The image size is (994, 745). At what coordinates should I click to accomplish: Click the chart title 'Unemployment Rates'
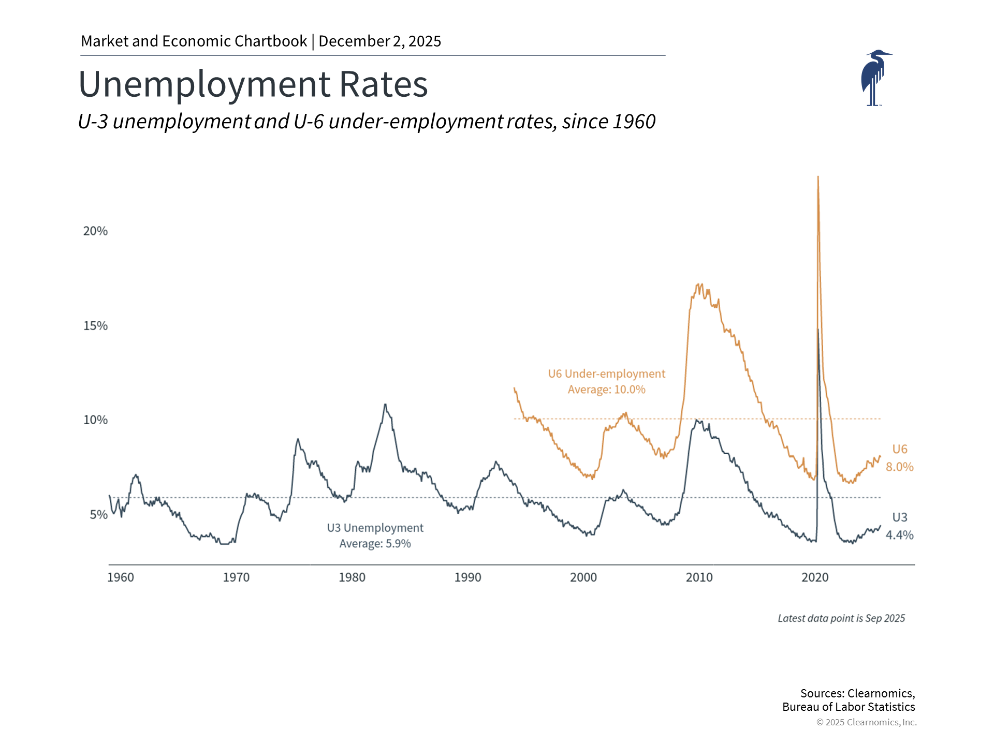click(253, 84)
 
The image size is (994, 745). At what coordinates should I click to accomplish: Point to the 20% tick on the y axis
click(95, 231)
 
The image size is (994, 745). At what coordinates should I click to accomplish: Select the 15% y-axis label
click(95, 326)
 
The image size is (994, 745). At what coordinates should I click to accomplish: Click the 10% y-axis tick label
click(95, 420)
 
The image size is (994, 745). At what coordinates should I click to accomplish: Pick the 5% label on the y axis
click(98, 515)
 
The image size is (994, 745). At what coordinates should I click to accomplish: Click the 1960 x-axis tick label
click(120, 577)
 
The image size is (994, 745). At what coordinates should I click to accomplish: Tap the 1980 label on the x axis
click(352, 577)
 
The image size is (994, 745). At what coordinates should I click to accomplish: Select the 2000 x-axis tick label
click(583, 577)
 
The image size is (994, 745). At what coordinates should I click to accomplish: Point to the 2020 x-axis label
click(815, 577)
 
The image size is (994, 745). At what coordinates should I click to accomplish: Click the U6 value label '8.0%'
click(899, 467)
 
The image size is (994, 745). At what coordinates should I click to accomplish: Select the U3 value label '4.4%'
click(899, 535)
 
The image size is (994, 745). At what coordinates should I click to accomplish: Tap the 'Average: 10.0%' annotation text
click(606, 390)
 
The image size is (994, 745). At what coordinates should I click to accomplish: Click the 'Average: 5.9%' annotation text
click(375, 544)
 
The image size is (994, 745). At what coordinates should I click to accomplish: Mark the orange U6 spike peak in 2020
click(817, 177)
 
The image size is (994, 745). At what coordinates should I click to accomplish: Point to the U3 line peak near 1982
click(385, 405)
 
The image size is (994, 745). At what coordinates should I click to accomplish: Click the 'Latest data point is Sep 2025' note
click(841, 618)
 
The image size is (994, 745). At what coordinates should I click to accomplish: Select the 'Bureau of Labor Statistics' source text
click(849, 707)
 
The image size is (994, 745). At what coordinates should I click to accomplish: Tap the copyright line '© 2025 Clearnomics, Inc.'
click(866, 722)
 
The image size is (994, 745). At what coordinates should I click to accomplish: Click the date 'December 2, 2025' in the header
click(379, 41)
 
